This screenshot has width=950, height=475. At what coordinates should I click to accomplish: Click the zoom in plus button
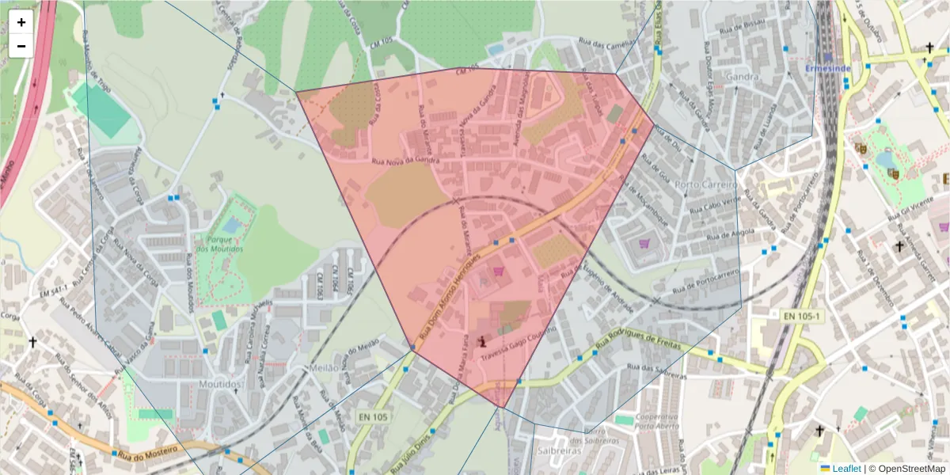tap(21, 22)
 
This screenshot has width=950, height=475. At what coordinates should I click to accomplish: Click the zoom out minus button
tap(21, 46)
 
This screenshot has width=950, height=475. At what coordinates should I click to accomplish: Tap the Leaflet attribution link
tap(846, 469)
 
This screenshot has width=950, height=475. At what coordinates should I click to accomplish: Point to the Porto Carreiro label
tap(707, 184)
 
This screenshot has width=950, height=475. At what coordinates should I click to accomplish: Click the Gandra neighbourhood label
tap(741, 78)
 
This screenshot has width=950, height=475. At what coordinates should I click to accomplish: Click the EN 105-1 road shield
tap(804, 316)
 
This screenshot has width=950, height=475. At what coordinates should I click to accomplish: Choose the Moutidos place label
tap(222, 384)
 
